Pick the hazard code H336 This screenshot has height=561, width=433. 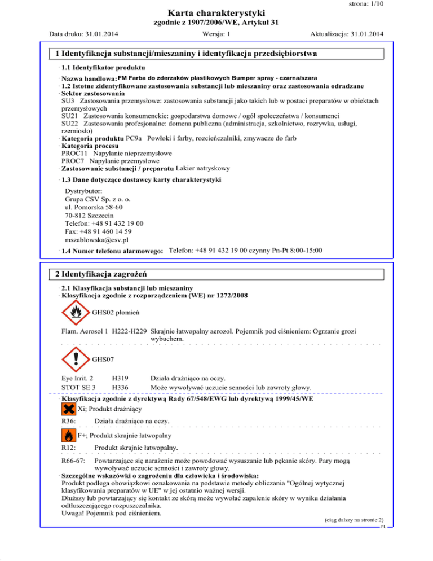click(120, 387)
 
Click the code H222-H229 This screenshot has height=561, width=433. click(130, 331)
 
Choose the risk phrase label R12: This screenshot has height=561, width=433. click(69, 448)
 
